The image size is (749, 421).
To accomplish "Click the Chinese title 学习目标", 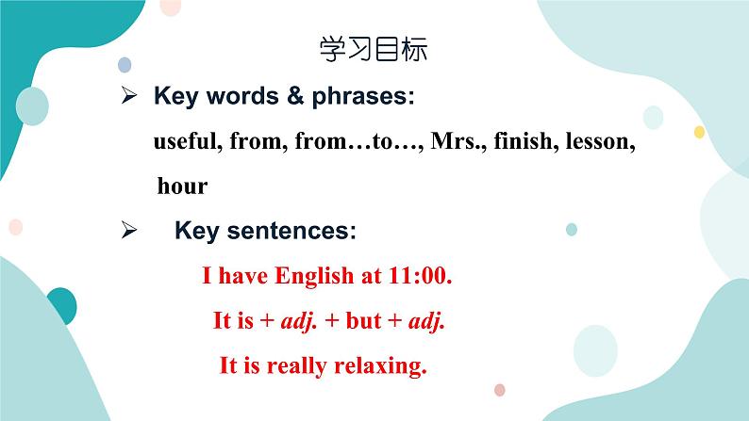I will point(374,50).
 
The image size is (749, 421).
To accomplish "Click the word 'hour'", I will point(182,186).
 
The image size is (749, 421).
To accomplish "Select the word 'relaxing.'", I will point(379,365).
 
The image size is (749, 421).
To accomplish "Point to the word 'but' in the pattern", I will point(363,320).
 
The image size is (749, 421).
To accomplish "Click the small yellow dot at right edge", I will point(699,131).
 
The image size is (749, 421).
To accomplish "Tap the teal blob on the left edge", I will point(60,305).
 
